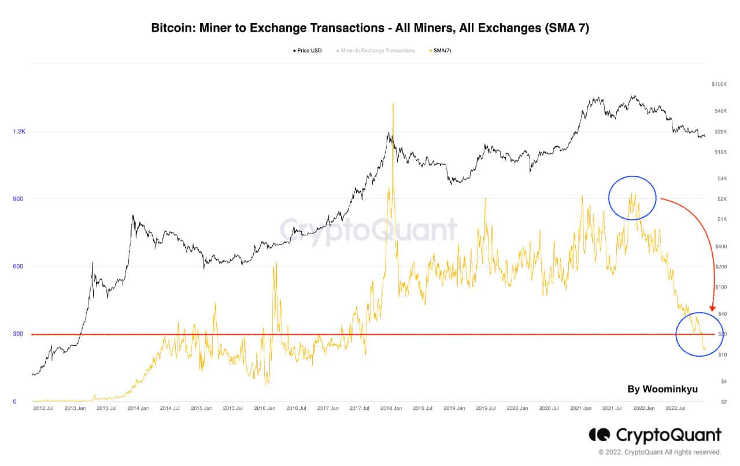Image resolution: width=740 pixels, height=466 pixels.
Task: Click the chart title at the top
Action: point(370,28)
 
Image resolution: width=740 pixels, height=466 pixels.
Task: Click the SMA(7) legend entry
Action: point(441,51)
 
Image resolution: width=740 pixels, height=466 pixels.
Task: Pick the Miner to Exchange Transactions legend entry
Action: point(378,51)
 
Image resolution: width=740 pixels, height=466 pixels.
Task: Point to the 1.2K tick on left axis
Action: point(20,132)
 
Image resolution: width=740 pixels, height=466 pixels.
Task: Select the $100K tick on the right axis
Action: point(719,84)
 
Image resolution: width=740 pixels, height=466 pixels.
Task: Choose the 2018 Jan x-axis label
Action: point(391,408)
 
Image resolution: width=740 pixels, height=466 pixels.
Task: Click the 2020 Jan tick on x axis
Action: point(517,408)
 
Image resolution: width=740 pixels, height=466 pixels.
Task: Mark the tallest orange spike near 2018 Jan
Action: point(393,105)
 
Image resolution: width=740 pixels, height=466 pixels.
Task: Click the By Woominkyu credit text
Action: point(663,389)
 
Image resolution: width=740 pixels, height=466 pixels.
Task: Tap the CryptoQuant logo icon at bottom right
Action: point(600,435)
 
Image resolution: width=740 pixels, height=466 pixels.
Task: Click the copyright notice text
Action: point(660,452)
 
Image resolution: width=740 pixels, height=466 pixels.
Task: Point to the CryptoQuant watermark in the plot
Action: point(369,230)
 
